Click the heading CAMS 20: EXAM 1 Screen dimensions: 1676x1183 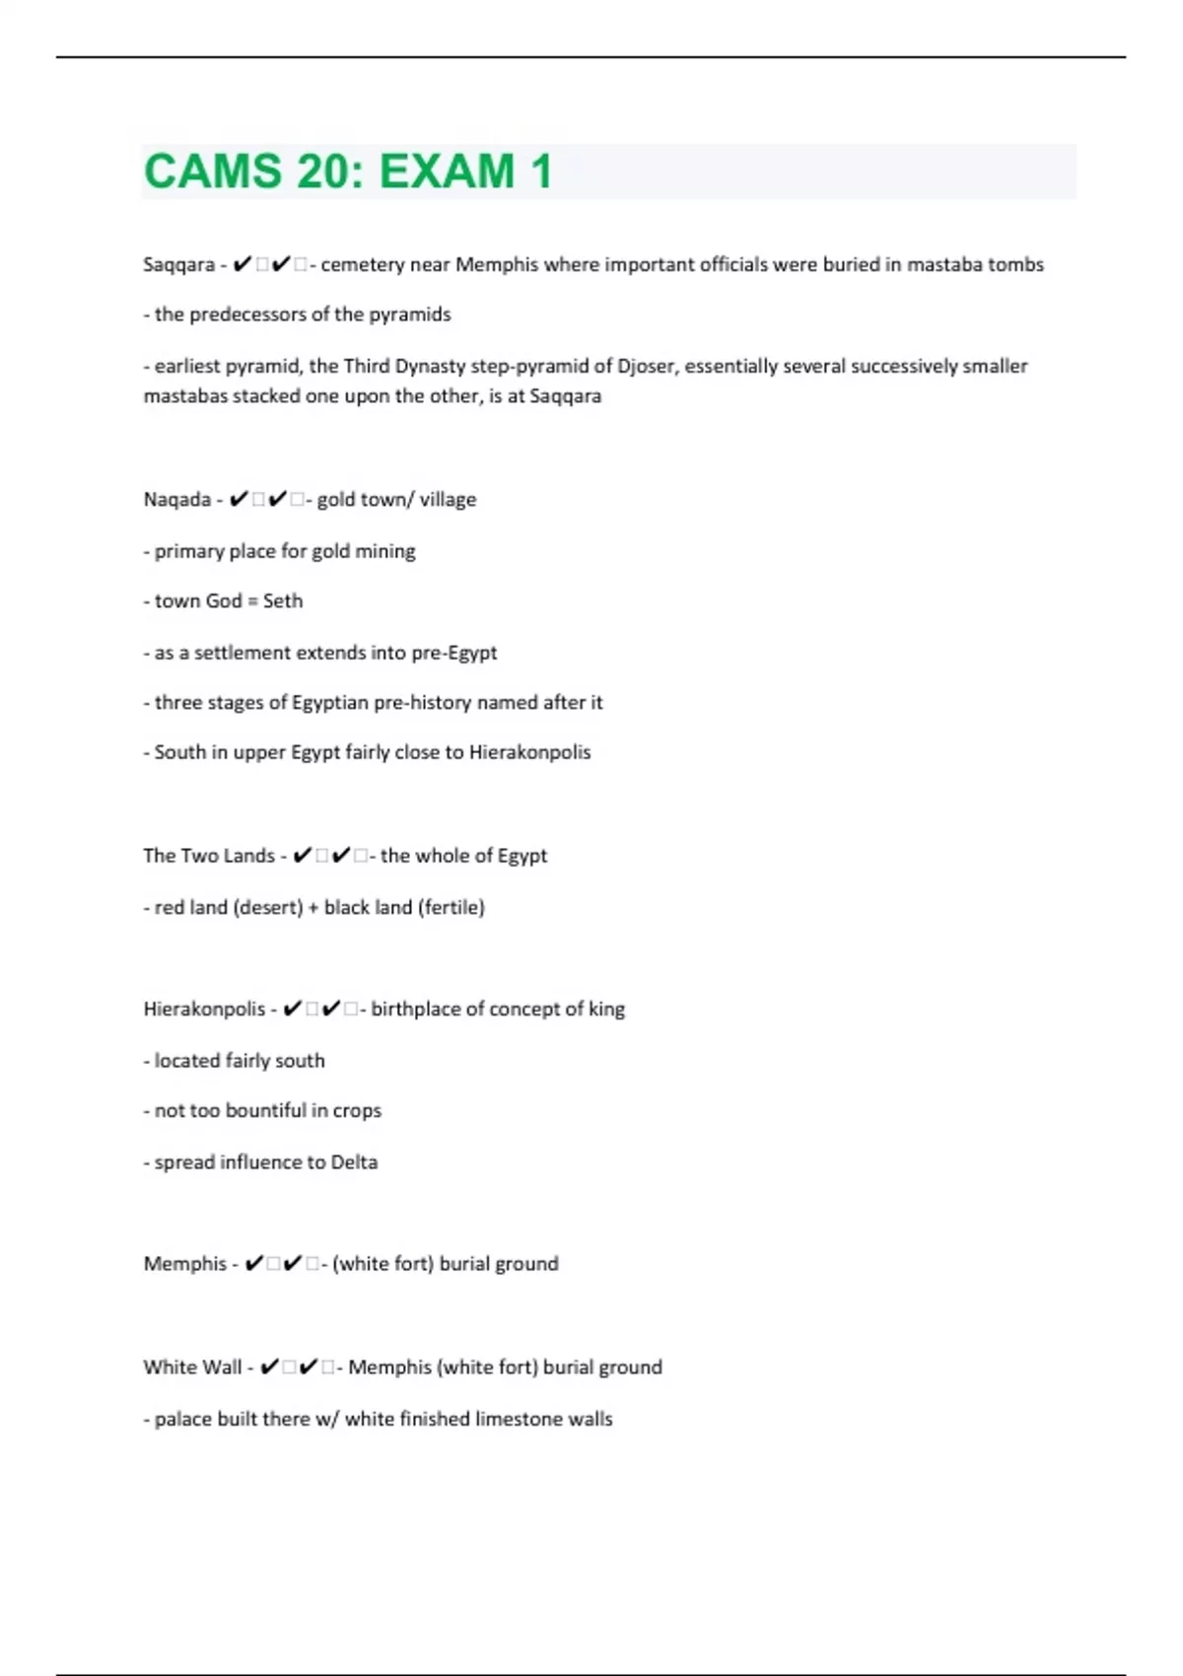click(347, 172)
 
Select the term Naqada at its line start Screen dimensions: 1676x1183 click(177, 500)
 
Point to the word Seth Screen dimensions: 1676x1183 click(283, 601)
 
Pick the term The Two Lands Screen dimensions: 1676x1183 click(209, 856)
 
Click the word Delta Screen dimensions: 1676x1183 click(354, 1162)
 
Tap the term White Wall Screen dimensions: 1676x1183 click(192, 1367)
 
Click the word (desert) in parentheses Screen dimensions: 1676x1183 click(267, 908)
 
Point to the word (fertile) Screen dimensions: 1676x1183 click(452, 908)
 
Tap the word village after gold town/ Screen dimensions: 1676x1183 click(448, 500)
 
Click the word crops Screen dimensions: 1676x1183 click(357, 1111)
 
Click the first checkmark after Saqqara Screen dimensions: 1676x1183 click(243, 264)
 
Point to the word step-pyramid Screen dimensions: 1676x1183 click(530, 367)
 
